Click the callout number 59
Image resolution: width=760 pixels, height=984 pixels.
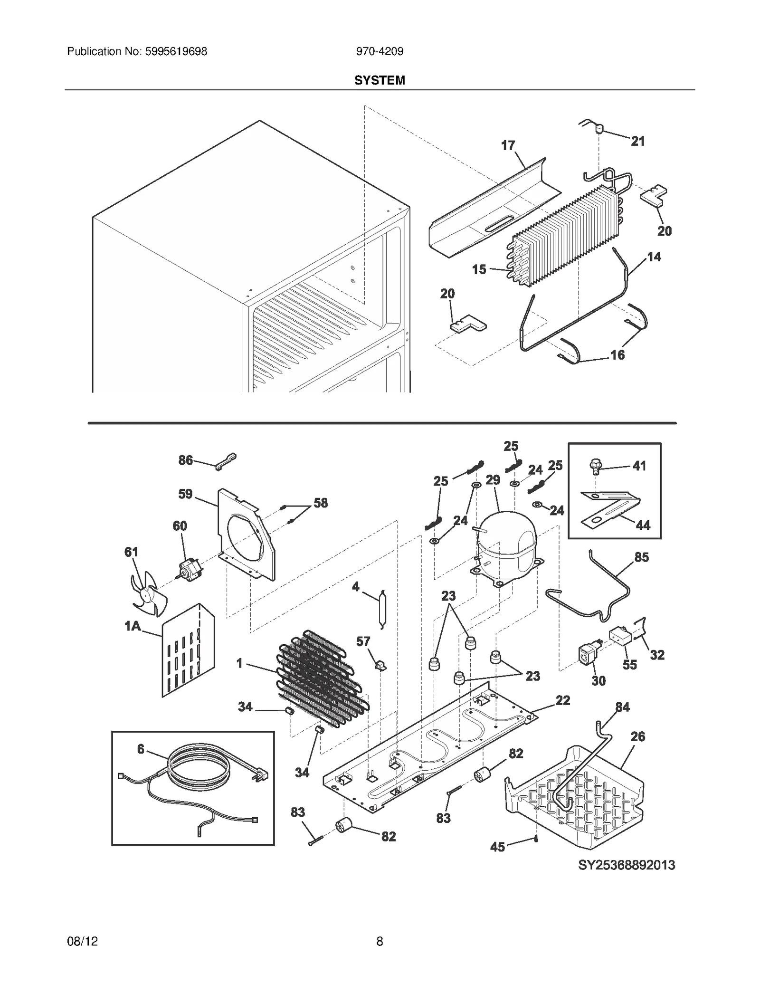coord(185,494)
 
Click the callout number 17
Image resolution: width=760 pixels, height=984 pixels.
coord(508,145)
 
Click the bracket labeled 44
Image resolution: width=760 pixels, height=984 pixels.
coord(610,510)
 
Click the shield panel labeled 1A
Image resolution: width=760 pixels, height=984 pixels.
coord(188,651)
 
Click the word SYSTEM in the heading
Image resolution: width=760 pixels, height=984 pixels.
coord(380,80)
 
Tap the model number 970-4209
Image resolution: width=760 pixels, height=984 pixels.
coord(380,51)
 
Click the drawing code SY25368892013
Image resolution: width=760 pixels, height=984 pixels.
coord(626,865)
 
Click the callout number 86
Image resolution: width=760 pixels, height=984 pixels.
coord(186,460)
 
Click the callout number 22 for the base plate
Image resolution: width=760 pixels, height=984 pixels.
coord(563,700)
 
